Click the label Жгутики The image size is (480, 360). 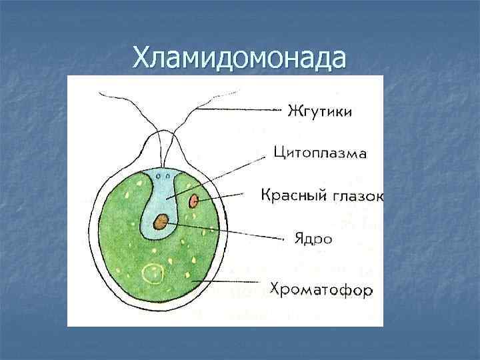point(319,109)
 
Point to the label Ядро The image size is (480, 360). point(313,238)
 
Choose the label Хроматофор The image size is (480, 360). point(321,290)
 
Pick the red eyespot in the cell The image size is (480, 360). point(194,200)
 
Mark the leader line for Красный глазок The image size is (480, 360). point(227,196)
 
